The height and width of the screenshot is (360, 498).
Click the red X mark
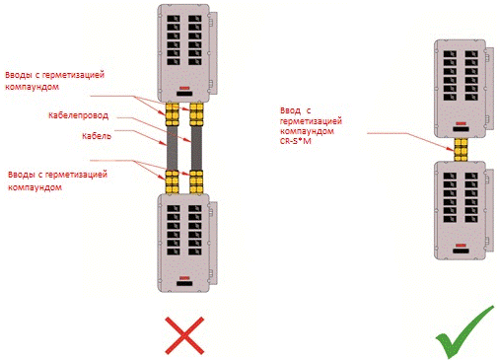pos(184,335)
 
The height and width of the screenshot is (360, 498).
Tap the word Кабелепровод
pos(78,115)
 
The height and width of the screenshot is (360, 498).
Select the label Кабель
pos(97,136)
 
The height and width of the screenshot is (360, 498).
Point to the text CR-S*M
pos(296,141)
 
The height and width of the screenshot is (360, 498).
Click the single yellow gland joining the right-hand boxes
pos(461,149)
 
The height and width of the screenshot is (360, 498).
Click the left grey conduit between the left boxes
pos(172,148)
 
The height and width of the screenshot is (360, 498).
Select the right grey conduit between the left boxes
pos(196,148)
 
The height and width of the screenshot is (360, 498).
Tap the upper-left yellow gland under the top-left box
pos(173,114)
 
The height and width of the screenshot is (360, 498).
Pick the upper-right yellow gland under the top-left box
pos(196,114)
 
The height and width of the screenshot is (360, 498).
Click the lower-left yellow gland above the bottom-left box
pos(173,181)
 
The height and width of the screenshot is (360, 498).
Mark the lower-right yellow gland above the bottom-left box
pos(196,181)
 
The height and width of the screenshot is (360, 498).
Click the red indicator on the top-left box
pos(184,88)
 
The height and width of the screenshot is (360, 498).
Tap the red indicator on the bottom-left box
pos(184,278)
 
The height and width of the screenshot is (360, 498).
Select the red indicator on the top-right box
pos(461,123)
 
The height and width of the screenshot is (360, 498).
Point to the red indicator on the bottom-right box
pos(461,246)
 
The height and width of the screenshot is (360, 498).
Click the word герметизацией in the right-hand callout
pos(311,121)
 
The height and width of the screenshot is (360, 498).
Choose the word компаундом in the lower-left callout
pos(35,187)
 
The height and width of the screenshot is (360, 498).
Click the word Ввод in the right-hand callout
pos(290,110)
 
